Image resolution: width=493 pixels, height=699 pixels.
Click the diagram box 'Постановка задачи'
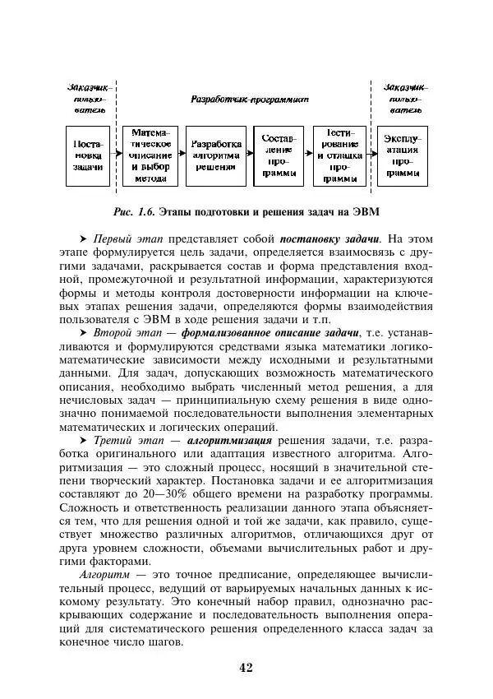click(x=88, y=155)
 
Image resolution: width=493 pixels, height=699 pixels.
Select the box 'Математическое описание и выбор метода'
click(x=150, y=155)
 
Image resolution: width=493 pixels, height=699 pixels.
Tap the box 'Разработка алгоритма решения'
click(x=216, y=155)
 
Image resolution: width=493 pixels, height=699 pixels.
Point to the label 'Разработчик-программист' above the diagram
click(x=249, y=99)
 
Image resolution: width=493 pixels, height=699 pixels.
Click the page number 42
click(x=246, y=667)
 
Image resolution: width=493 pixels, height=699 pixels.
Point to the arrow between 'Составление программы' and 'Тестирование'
click(x=309, y=155)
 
